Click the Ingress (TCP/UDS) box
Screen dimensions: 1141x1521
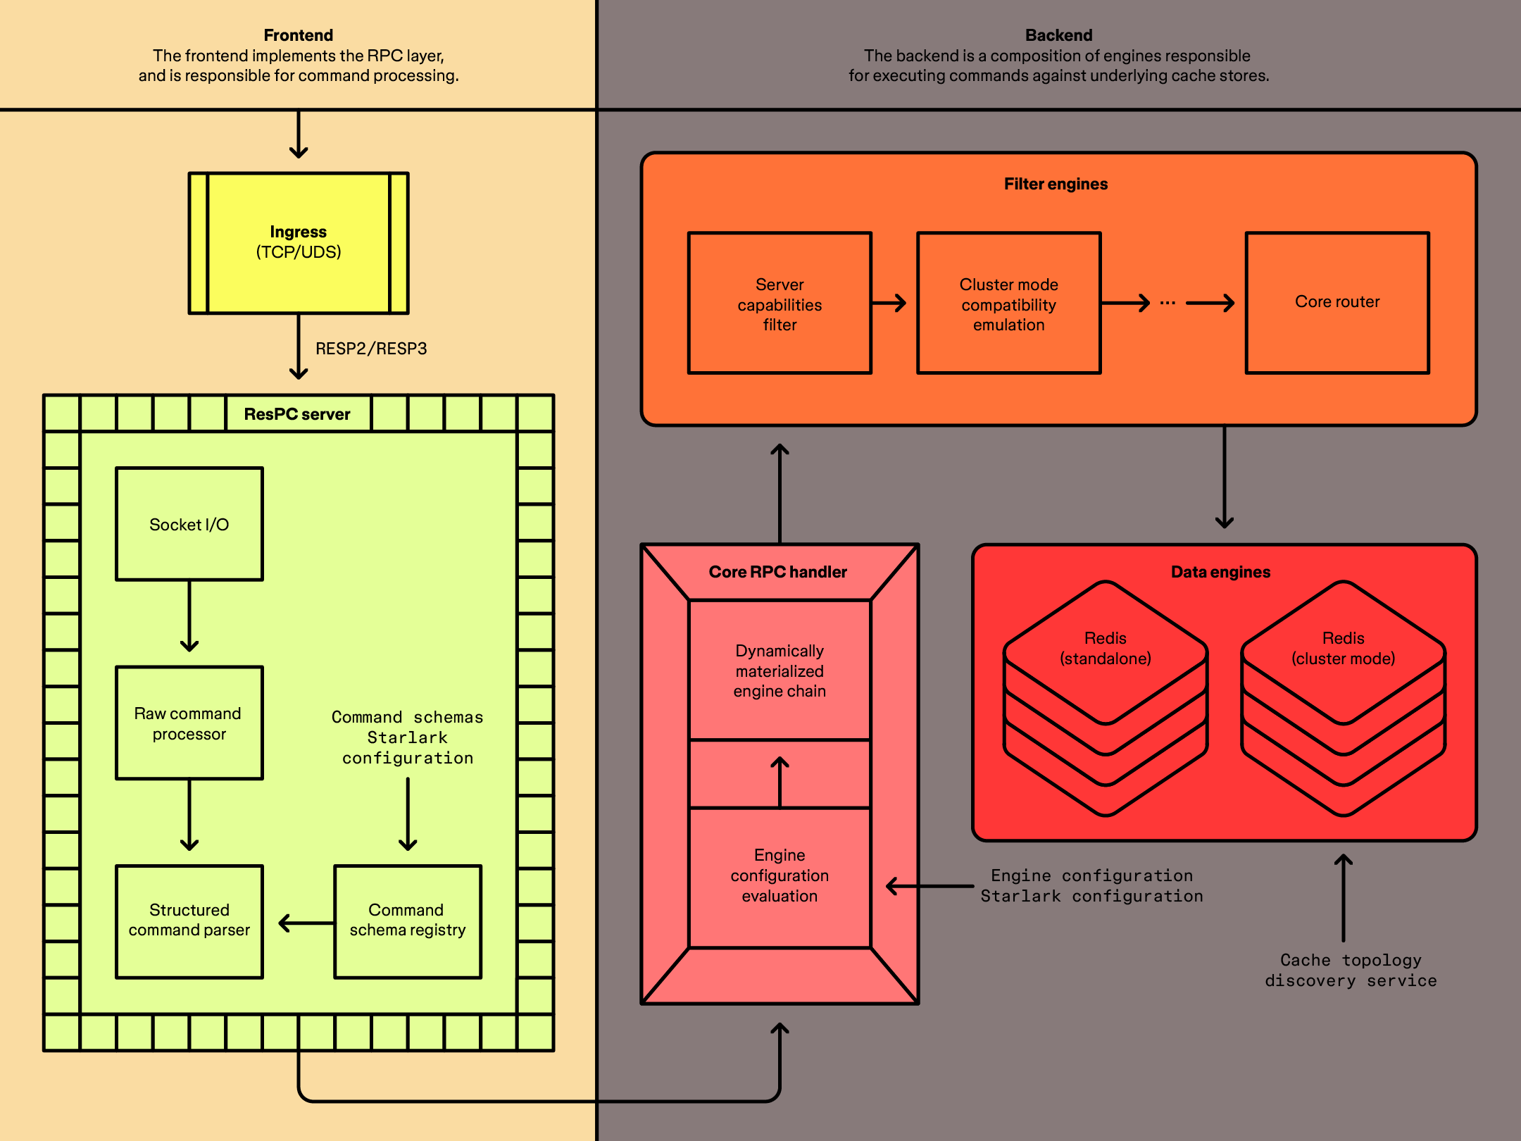click(x=299, y=242)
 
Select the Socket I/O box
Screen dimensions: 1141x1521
click(x=189, y=524)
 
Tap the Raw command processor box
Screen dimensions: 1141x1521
click(x=189, y=723)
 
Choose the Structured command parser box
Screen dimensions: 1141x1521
click(x=189, y=921)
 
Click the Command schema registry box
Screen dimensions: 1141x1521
click(x=407, y=921)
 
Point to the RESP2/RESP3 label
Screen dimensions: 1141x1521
click(x=371, y=349)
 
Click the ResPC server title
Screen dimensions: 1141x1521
click(x=297, y=414)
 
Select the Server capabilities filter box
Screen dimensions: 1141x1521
click(x=780, y=304)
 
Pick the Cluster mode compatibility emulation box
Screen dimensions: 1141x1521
click(x=1008, y=304)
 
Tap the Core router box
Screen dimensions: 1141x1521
click(x=1337, y=302)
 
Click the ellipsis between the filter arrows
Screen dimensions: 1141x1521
click(x=1168, y=303)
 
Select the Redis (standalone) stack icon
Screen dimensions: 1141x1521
click(x=1106, y=697)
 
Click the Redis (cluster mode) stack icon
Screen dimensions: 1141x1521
click(x=1343, y=697)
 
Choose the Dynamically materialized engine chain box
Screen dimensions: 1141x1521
click(x=780, y=670)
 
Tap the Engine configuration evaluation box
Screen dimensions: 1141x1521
click(x=780, y=875)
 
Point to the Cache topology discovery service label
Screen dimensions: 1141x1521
click(x=1351, y=970)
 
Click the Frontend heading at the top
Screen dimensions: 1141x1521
click(x=299, y=35)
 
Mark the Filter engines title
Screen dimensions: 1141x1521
click(x=1056, y=184)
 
